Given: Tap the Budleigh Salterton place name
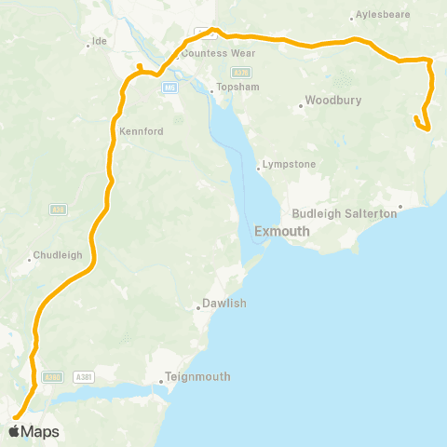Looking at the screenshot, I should pyautogui.click(x=345, y=213).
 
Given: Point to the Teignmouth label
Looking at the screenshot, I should pyautogui.click(x=197, y=377).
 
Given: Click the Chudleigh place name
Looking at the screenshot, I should pyautogui.click(x=58, y=254).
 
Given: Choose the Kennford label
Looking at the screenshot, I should pyautogui.click(x=142, y=131).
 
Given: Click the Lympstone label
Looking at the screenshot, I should pyautogui.click(x=290, y=164).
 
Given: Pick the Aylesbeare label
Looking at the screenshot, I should pyautogui.click(x=383, y=16).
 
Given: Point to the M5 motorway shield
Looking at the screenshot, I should pyautogui.click(x=169, y=88).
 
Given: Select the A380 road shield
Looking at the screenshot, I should pyautogui.click(x=54, y=376).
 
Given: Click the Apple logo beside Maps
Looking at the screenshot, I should pyautogui.click(x=16, y=431).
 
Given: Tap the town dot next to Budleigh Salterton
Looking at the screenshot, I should pyautogui.click(x=400, y=207).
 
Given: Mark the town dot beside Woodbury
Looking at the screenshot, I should pyautogui.click(x=301, y=105).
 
